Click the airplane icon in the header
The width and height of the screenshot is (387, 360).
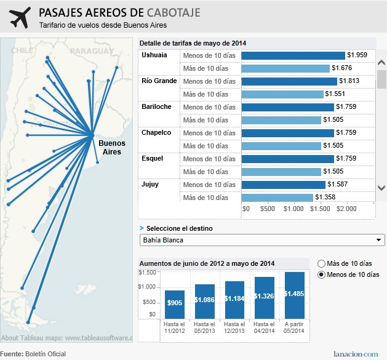(20, 18)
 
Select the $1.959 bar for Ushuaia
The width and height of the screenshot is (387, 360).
(293, 55)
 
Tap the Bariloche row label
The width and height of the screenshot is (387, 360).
(157, 107)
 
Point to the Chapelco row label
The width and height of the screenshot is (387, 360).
(157, 133)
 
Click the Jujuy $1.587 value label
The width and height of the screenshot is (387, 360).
(338, 185)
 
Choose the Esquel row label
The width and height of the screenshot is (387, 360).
(153, 159)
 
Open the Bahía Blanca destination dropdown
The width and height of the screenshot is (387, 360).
(262, 240)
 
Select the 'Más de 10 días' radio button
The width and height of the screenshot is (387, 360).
(321, 262)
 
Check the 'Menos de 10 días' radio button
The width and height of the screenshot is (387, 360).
(321, 274)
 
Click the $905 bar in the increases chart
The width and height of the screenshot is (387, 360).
(174, 303)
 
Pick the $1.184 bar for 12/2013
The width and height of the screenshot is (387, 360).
(234, 299)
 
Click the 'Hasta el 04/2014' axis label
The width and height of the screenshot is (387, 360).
(265, 327)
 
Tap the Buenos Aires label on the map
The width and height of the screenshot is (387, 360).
(112, 147)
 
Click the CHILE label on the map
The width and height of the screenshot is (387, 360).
(25, 50)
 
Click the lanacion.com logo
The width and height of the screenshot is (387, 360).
(356, 354)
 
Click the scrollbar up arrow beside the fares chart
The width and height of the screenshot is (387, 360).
(381, 63)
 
